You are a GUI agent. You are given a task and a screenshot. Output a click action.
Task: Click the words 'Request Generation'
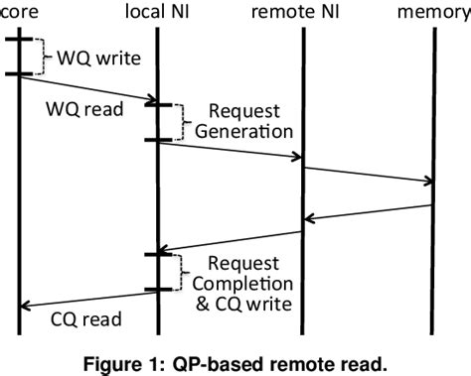[243, 120]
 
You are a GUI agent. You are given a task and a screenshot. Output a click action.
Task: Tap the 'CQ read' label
[86, 319]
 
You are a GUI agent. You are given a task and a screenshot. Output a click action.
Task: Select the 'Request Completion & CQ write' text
[243, 283]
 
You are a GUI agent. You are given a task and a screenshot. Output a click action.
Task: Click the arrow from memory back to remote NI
[369, 212]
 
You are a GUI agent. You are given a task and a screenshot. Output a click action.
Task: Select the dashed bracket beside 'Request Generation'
[181, 121]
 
